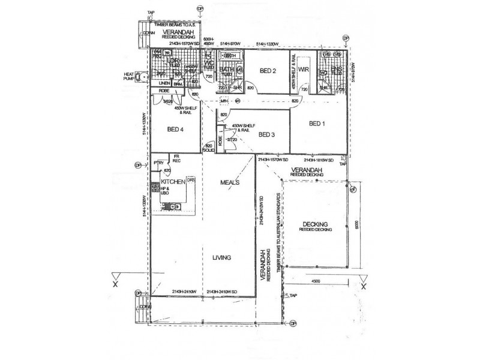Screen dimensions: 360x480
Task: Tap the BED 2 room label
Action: coord(268,71)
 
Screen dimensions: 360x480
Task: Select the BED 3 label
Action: coord(266,134)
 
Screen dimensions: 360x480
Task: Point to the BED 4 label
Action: coord(175,128)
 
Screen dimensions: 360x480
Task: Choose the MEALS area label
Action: coord(230,182)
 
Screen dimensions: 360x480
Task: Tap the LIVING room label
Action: coord(221,257)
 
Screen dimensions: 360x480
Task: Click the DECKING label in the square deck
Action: coord(314,224)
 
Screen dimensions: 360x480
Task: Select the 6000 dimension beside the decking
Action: coord(356,223)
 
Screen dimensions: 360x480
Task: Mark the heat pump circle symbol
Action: coord(142,76)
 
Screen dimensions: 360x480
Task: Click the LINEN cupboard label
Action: coord(164,83)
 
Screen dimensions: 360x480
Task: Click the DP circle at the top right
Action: coord(346,38)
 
